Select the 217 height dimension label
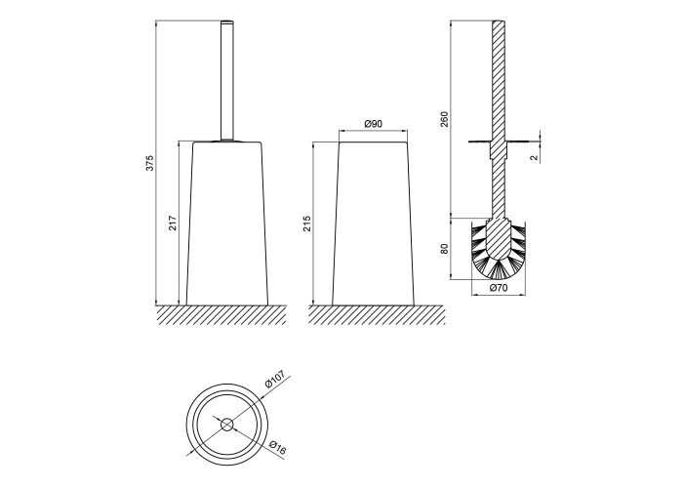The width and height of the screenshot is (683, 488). point(172,223)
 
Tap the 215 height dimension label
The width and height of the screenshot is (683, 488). point(305,224)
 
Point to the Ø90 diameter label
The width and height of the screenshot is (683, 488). point(373,124)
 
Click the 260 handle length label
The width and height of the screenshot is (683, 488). point(444,119)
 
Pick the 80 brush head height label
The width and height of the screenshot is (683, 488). point(444,247)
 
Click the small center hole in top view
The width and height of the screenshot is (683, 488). point(226,424)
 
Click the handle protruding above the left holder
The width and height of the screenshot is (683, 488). point(229,78)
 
